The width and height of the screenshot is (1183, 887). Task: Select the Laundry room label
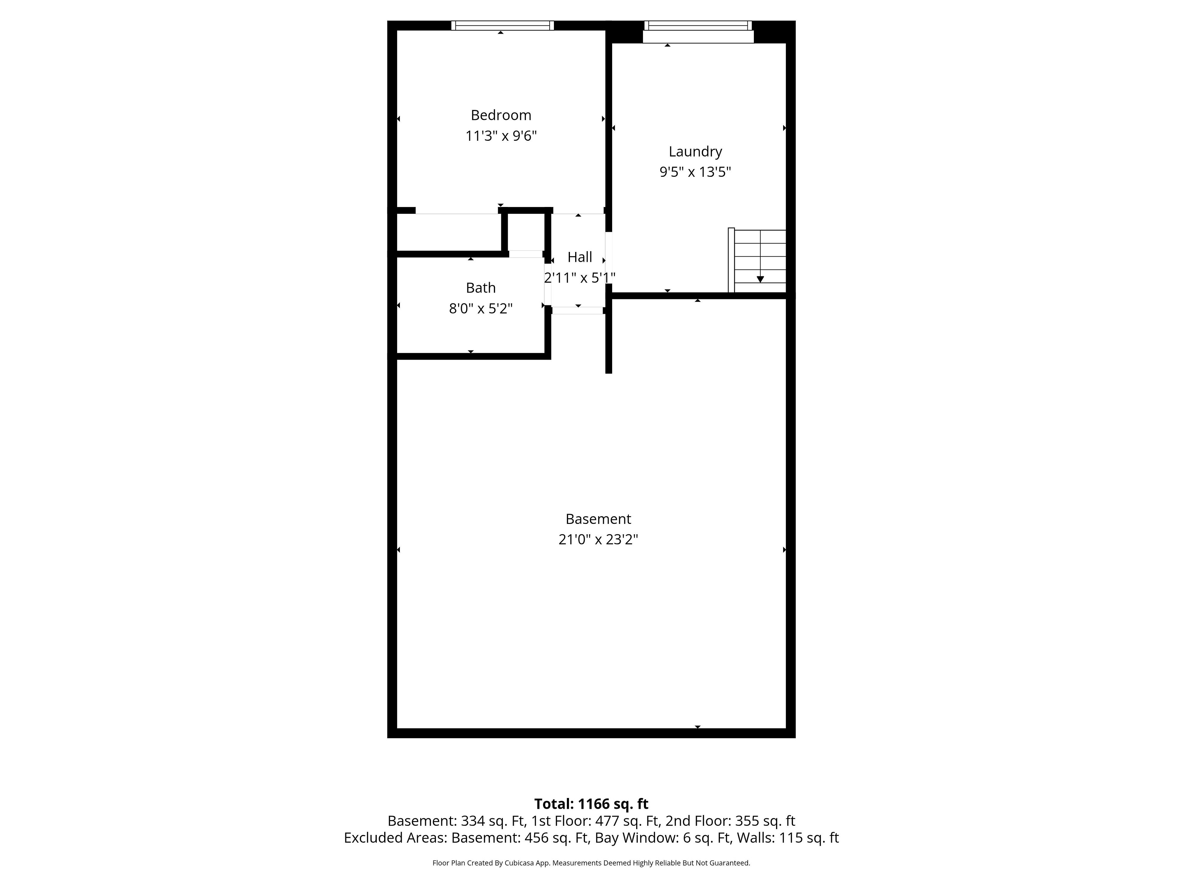coord(695,152)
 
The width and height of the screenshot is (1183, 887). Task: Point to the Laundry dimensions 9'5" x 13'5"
coord(695,172)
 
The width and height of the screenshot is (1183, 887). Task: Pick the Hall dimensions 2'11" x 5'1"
coord(580,278)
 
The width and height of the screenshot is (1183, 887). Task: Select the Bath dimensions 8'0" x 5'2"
coord(481,309)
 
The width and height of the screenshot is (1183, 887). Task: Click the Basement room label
coord(599,519)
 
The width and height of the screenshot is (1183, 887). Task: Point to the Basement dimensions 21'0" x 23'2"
coord(599,540)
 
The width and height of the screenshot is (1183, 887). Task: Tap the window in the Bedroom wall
coord(502,26)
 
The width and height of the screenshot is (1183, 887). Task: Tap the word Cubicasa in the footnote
coord(517,863)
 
